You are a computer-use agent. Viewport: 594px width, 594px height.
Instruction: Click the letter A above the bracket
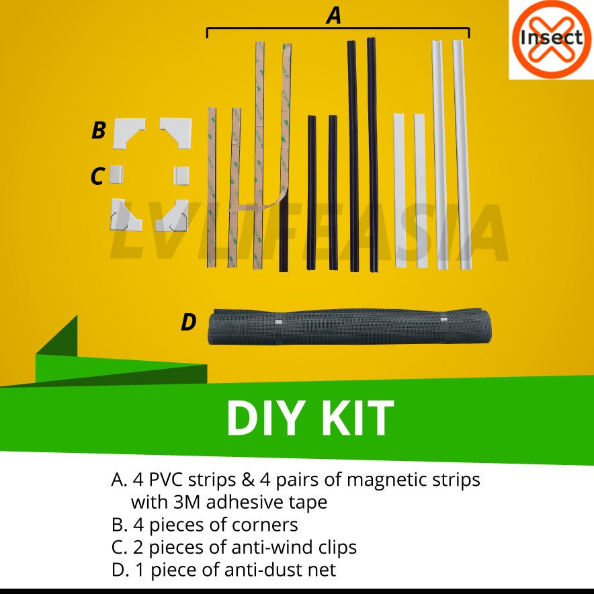click(x=334, y=15)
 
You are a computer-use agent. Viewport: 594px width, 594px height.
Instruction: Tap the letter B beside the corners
click(x=99, y=130)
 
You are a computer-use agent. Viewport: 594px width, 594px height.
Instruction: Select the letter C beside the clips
click(x=97, y=177)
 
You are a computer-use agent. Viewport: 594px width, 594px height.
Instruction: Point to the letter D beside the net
click(x=189, y=323)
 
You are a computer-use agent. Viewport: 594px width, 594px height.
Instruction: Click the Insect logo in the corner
click(x=550, y=38)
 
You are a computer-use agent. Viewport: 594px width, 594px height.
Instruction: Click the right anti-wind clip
click(x=181, y=175)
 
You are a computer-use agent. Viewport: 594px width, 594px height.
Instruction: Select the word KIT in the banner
click(x=357, y=419)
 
